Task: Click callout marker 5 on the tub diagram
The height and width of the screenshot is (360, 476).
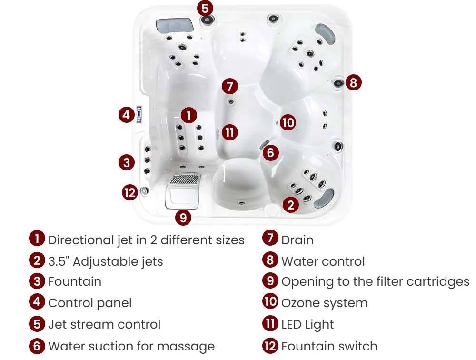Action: point(205,8)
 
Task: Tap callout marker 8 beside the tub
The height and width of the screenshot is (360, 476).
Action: point(353,82)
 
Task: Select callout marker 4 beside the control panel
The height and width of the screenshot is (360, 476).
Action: point(127,115)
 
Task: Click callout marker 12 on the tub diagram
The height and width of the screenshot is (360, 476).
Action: point(130,192)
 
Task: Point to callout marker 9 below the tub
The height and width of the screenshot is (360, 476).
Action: point(183,218)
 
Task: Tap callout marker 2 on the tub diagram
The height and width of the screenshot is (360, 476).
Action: point(290,205)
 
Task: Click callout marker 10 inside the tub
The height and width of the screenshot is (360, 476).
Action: point(288,122)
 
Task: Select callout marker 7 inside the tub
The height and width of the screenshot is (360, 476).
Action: point(230,86)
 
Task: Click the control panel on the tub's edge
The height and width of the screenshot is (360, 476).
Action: point(139,114)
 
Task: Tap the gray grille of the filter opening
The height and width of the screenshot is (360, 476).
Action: point(185,179)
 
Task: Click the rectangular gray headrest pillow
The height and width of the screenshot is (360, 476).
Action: point(175,25)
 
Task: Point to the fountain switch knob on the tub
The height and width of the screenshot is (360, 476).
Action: point(144,191)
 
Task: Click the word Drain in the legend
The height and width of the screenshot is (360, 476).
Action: point(297,240)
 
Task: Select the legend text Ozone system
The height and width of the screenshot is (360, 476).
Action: point(325,303)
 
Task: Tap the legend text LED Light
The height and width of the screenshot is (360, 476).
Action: point(307,324)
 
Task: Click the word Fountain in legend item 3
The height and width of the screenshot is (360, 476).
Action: point(75,281)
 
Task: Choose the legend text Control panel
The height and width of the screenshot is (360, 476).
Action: point(90,303)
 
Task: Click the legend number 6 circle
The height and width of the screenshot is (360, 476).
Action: point(37,346)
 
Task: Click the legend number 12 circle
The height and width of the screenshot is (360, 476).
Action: point(270,346)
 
